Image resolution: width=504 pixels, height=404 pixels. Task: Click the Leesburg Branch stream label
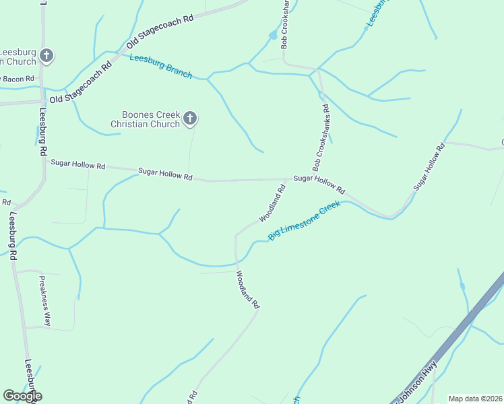[x=161, y=66]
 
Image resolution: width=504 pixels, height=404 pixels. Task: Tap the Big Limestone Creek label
[x=305, y=221]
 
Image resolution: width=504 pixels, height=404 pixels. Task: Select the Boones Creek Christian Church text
[x=146, y=119]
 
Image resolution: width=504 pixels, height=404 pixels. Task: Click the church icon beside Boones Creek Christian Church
[x=190, y=119]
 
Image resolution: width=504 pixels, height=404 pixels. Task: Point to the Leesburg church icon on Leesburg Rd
[x=46, y=55]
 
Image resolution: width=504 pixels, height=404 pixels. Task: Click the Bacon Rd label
[x=18, y=79]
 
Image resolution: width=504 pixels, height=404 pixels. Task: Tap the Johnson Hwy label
[x=417, y=384]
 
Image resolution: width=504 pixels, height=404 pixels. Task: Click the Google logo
[x=22, y=396]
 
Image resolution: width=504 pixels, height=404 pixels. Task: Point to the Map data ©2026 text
[x=475, y=399]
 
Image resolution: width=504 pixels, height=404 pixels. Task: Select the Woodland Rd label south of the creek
[x=247, y=290]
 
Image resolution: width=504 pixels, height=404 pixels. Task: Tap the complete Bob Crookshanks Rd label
[x=320, y=137]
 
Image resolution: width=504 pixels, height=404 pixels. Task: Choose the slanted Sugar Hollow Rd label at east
[x=430, y=166]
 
